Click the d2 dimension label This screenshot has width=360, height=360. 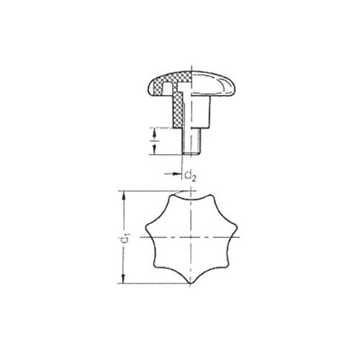click(x=191, y=176)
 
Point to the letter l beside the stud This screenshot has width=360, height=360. click(x=153, y=141)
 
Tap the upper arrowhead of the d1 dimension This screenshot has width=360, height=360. click(x=124, y=195)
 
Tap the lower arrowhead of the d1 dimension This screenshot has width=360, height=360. click(x=124, y=279)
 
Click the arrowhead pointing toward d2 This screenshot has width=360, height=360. click(x=178, y=174)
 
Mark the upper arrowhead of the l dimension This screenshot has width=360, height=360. click(x=154, y=132)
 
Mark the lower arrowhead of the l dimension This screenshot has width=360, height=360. click(x=154, y=150)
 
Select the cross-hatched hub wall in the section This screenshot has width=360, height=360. click(x=178, y=111)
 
